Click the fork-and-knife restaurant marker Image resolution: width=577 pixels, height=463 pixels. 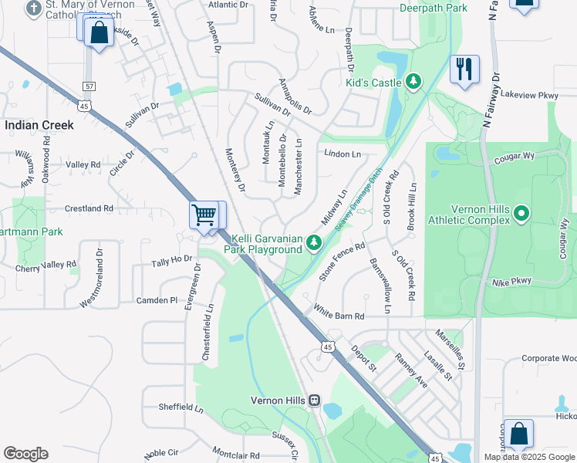[x=464, y=69]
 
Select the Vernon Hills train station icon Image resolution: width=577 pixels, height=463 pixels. [x=314, y=400]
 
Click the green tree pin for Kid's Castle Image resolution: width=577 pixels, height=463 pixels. [x=413, y=82]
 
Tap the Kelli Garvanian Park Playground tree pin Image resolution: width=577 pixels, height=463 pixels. [x=314, y=243]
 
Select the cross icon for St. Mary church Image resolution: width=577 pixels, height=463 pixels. [x=33, y=8]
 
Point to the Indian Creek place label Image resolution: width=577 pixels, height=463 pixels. [x=39, y=124]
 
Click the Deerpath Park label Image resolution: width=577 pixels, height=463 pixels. [x=434, y=8]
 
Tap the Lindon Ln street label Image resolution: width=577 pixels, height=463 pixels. [x=342, y=154]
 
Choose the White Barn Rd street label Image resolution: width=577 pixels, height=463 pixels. [x=349, y=313]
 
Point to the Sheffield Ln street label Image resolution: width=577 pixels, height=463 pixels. [x=180, y=407]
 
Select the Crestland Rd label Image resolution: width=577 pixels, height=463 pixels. [x=89, y=208]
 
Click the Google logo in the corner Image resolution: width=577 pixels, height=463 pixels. [x=25, y=453]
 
